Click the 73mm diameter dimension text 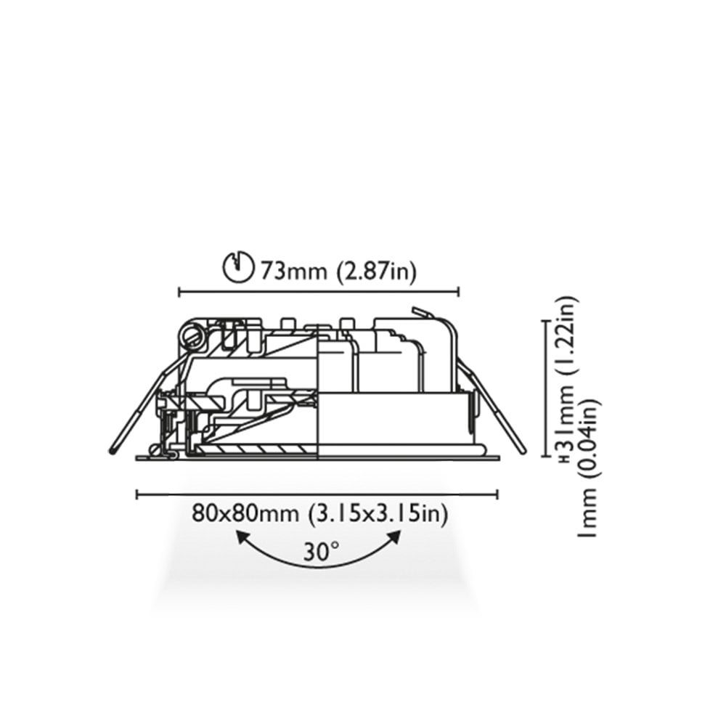tap(338, 271)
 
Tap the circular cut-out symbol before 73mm tap(239, 267)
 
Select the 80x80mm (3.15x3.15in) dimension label tap(320, 513)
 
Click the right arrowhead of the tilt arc tap(394, 538)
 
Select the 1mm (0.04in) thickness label tap(589, 468)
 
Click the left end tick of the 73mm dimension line tap(179, 292)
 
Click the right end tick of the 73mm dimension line tap(458, 292)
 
